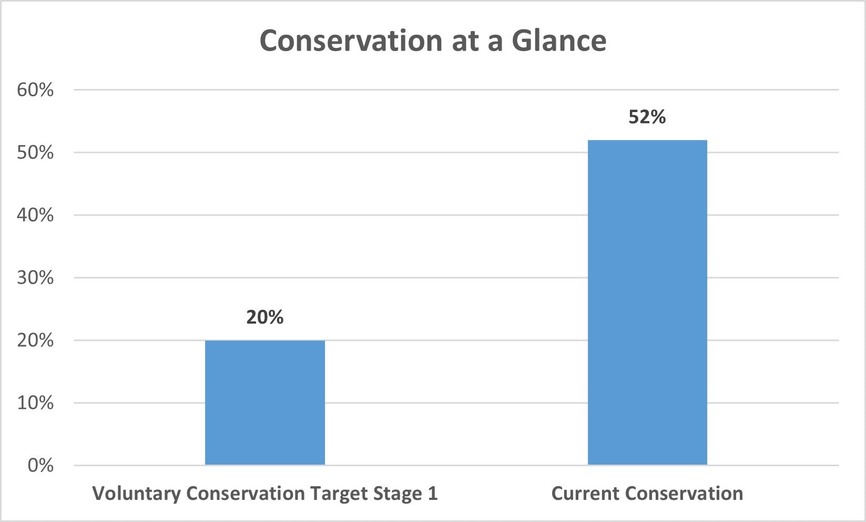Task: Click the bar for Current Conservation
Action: click(x=647, y=302)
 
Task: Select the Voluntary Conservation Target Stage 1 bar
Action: click(x=265, y=403)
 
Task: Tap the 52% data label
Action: click(x=647, y=117)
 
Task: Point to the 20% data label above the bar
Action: click(x=265, y=317)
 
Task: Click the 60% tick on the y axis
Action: click(x=35, y=90)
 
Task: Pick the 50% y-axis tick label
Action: click(x=35, y=153)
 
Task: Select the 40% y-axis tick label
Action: click(x=35, y=215)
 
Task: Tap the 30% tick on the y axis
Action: click(x=35, y=278)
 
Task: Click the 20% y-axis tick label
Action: click(x=35, y=340)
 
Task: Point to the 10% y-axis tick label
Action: click(x=35, y=403)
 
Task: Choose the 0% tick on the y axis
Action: click(x=40, y=466)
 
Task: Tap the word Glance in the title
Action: click(x=559, y=41)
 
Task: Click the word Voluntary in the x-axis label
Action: click(x=137, y=494)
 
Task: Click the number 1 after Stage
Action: click(x=433, y=494)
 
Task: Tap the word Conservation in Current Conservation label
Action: click(x=685, y=494)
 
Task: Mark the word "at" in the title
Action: click(x=466, y=41)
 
